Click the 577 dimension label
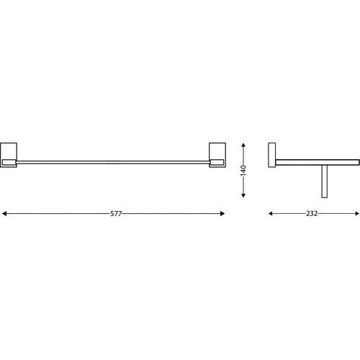[x=116, y=213]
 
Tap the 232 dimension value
[x=312, y=213]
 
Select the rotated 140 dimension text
[x=243, y=171]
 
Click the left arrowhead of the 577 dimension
[x=4, y=213]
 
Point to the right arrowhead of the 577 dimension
[x=222, y=213]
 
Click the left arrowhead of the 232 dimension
[x=271, y=213]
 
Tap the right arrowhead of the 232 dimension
[x=357, y=213]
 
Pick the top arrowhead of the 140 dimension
[x=243, y=145]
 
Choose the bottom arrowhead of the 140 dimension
[x=243, y=195]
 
